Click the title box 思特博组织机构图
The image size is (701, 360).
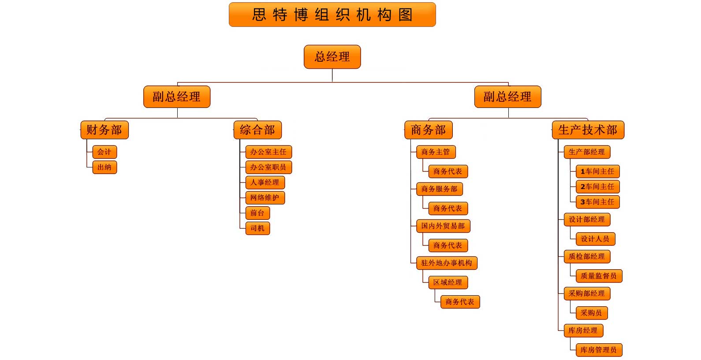(x=332, y=15)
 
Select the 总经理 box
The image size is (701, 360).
(x=332, y=57)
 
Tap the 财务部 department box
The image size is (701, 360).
(x=104, y=130)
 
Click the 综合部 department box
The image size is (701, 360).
(x=257, y=130)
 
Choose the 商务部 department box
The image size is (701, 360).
(x=429, y=130)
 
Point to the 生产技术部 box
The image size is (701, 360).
(x=588, y=130)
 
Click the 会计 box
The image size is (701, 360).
(x=104, y=152)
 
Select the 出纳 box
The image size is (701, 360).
(x=104, y=167)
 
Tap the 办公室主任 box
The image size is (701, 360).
(x=268, y=152)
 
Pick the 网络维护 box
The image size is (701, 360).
(x=265, y=198)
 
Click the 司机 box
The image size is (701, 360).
(x=257, y=228)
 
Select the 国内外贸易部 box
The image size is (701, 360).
(x=443, y=226)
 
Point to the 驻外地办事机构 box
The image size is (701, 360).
(x=447, y=263)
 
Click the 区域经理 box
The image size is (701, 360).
(x=448, y=282)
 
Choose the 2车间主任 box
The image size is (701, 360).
(x=598, y=187)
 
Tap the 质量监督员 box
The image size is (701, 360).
(x=599, y=276)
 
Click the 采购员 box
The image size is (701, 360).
(x=592, y=313)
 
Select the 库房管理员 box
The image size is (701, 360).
(x=599, y=350)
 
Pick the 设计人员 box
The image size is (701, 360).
(x=595, y=239)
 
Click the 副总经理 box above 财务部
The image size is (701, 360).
(x=177, y=97)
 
